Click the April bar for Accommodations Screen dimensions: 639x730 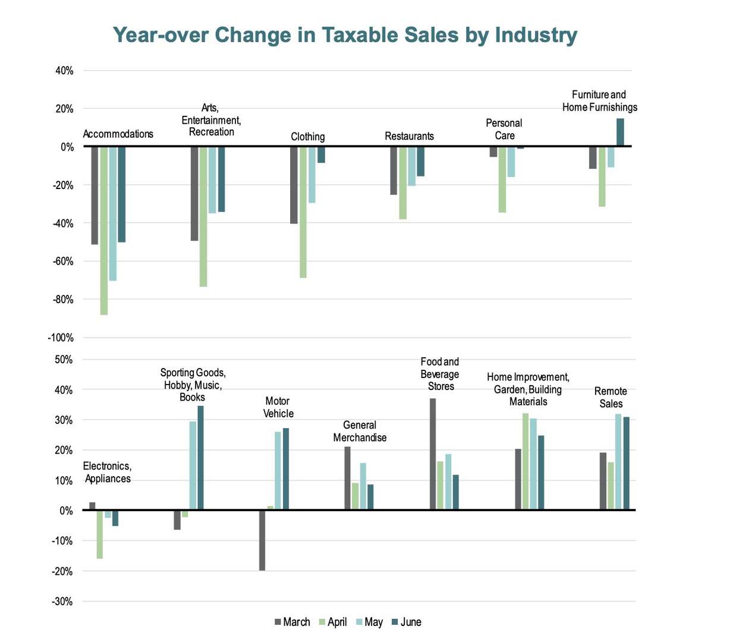tap(104, 230)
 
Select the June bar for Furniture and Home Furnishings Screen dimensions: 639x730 tap(620, 133)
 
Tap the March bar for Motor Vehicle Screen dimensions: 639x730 tap(262, 540)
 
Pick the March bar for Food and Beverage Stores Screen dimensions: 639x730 tap(433, 454)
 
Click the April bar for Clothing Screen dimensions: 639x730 tap(303, 212)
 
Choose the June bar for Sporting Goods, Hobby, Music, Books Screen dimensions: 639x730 tap(200, 458)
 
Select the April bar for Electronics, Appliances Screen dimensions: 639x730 tap(100, 534)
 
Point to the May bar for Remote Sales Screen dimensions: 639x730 tap(618, 462)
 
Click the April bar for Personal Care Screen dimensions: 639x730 tap(502, 180)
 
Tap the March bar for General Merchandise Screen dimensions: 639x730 tap(348, 478)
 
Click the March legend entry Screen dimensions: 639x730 tap(292, 622)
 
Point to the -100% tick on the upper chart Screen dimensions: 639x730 tap(61, 338)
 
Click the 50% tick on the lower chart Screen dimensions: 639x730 tap(64, 360)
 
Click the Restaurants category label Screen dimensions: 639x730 tap(409, 136)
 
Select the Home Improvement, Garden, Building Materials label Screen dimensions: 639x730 tap(528, 389)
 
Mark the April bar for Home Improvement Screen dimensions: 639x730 tap(526, 461)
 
